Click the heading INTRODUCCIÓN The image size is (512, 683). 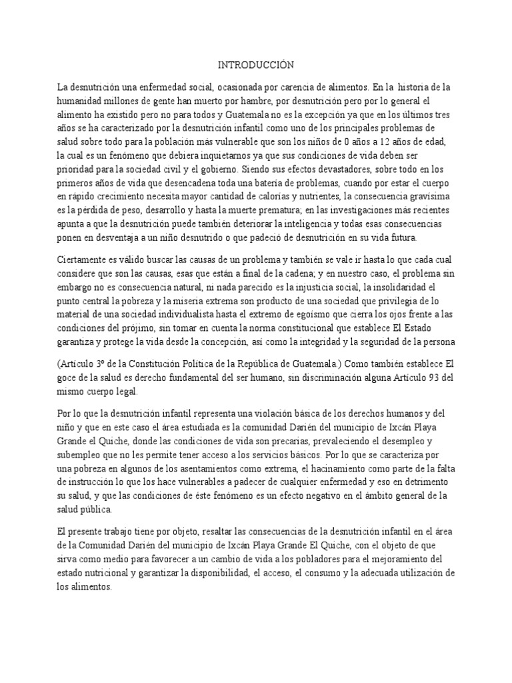pos(256,65)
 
